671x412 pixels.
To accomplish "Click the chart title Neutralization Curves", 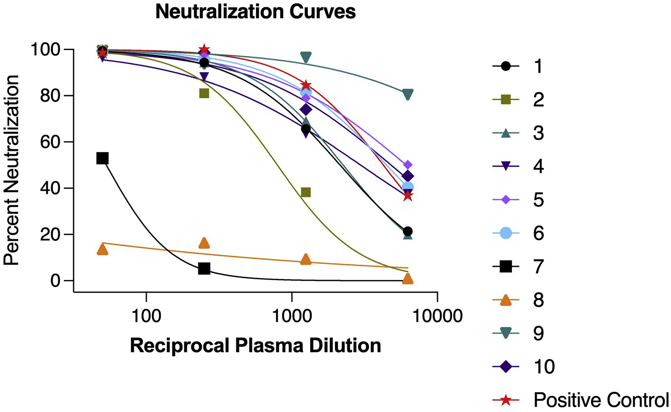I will click(x=255, y=12).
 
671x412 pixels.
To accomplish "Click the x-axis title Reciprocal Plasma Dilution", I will click(x=255, y=346).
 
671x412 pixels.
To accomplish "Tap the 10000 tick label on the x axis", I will click(x=437, y=316).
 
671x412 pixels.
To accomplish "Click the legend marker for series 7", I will click(x=506, y=267).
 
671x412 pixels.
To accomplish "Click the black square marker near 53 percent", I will click(x=102, y=158).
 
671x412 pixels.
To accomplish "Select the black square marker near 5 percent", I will click(x=204, y=268).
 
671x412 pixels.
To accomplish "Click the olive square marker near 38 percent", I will click(x=306, y=192).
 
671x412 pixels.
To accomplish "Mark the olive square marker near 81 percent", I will click(x=204, y=93).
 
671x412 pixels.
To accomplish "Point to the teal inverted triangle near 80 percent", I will click(x=408, y=95).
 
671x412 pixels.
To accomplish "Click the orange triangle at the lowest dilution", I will click(x=103, y=250).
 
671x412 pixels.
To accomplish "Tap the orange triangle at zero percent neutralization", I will click(x=408, y=279).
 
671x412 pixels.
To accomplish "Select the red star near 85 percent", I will click(x=306, y=86).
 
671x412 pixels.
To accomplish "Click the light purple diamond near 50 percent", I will click(x=408, y=165).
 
